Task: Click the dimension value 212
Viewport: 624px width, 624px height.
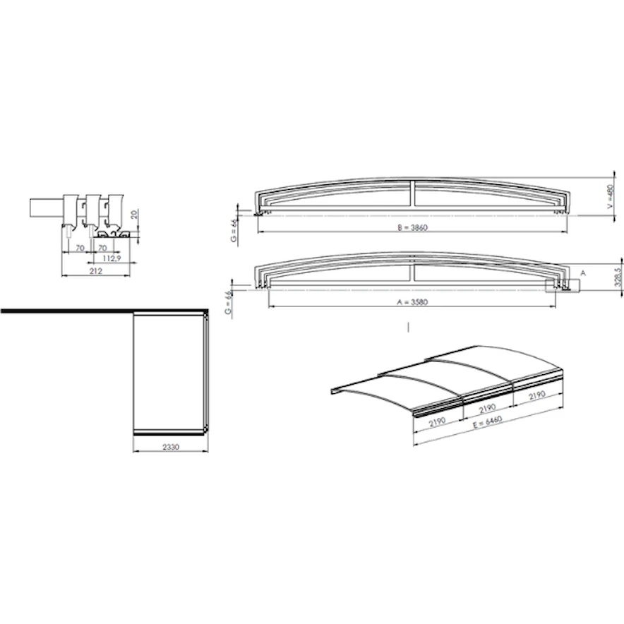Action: click(x=96, y=271)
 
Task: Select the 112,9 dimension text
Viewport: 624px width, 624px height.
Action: click(x=112, y=258)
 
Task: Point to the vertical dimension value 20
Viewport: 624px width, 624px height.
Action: click(x=134, y=215)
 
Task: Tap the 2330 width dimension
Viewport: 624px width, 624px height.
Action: click(x=171, y=447)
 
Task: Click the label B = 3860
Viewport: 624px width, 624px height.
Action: click(x=412, y=227)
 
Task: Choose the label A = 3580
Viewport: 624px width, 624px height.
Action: click(x=412, y=302)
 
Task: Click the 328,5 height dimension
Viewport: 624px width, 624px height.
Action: click(x=618, y=277)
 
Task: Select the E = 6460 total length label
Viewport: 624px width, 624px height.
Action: click(x=488, y=422)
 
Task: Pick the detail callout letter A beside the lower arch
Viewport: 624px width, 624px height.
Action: click(x=583, y=273)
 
